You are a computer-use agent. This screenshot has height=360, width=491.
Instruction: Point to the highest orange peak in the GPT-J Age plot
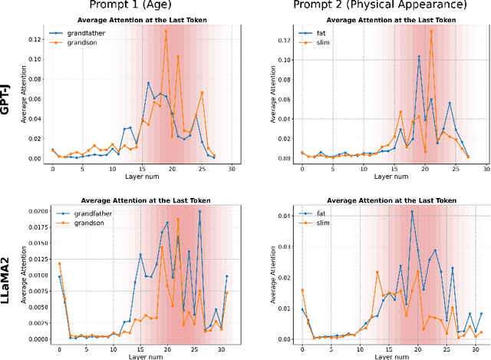coord(166,31)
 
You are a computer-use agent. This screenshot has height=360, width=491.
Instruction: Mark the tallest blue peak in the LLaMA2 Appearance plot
coord(412,211)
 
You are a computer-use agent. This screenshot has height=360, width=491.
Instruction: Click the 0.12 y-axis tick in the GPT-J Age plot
coord(36,39)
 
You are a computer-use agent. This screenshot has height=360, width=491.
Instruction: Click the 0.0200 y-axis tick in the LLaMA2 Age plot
coord(31,210)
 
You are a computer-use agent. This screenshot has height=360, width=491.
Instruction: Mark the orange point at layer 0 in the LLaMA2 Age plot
coord(59,264)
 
